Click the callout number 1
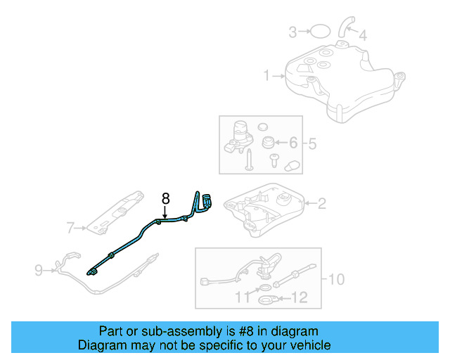tap(267, 75)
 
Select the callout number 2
tap(321, 205)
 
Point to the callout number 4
tap(363, 34)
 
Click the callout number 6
tap(294, 143)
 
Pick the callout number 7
tap(70, 227)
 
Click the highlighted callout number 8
tap(166, 199)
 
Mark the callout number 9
tap(39, 268)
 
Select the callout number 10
tap(336, 279)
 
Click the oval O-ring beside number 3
tap(321, 31)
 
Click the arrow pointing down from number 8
tap(165, 212)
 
